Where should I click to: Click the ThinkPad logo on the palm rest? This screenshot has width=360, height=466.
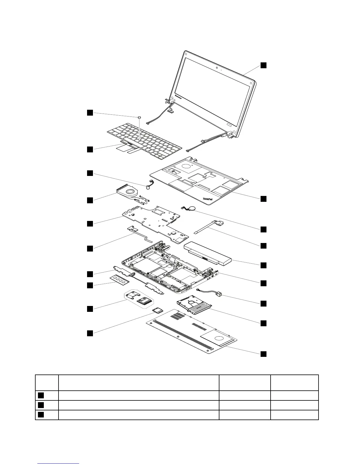pyautogui.click(x=208, y=199)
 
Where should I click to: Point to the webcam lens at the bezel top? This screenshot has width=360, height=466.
pyautogui.click(x=216, y=69)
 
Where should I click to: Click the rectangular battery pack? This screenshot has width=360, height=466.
pyautogui.click(x=207, y=254)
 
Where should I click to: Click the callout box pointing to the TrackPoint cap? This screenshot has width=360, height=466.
pyautogui.click(x=90, y=112)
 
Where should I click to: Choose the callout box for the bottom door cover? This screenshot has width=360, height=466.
pyautogui.click(x=264, y=354)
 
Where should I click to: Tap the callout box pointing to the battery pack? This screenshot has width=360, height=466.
pyautogui.click(x=264, y=265)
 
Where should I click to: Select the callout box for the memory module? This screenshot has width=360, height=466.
pyautogui.click(x=90, y=285)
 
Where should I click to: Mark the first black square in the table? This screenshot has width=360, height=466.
pyautogui.click(x=41, y=395)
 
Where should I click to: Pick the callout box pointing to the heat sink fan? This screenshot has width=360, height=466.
pyautogui.click(x=90, y=200)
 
